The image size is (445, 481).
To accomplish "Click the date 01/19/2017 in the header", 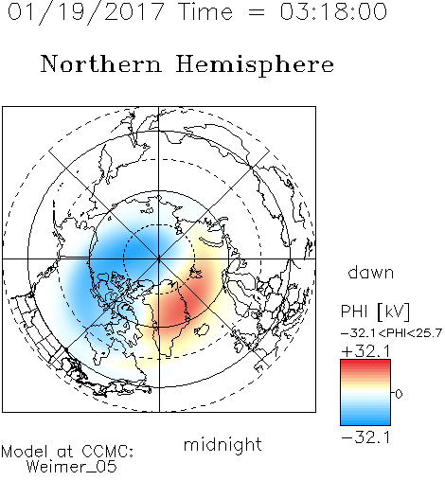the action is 86,12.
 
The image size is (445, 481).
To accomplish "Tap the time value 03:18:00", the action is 333,11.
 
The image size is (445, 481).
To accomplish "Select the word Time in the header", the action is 205,11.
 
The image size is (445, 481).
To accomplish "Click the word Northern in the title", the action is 101,63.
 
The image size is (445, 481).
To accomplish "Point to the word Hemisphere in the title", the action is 255,65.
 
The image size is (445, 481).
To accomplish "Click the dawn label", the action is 371,272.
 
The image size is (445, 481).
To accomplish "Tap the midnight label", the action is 222,444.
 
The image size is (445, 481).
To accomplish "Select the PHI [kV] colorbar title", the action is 375,312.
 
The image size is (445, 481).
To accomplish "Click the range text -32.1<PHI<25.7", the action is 391,333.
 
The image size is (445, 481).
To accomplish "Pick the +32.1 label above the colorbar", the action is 366,351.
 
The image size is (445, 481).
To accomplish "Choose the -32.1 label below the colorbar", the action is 366,437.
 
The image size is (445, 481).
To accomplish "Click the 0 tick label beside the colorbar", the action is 399,394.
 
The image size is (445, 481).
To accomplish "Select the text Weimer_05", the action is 71,467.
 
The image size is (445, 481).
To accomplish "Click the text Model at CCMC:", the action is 67,452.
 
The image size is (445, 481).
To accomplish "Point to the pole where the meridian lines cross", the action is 159,259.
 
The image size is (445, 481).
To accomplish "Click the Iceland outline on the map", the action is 202,330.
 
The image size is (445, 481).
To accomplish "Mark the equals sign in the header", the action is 257,12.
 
